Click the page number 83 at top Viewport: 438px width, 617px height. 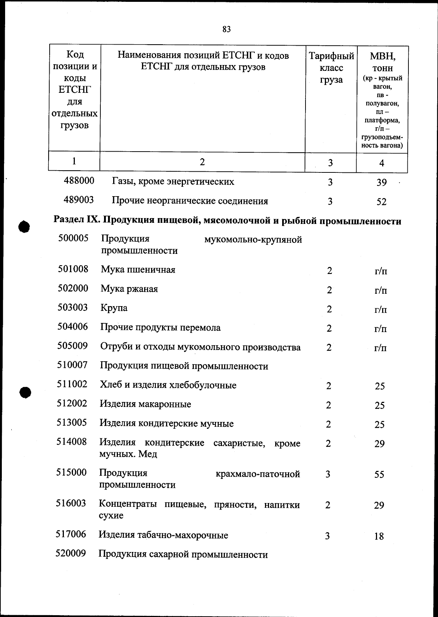click(x=226, y=29)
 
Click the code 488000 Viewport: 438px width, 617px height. click(x=79, y=180)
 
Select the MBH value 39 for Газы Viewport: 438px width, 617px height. click(x=381, y=182)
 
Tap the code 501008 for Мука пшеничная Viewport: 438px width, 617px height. click(x=73, y=269)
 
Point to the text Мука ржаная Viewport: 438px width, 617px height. click(x=129, y=289)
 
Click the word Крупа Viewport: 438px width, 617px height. click(x=114, y=308)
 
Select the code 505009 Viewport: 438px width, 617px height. click(x=72, y=346)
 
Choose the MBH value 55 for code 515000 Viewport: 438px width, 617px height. click(x=379, y=475)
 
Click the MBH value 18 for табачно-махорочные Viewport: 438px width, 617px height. click(x=379, y=536)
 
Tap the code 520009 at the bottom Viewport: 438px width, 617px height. click(x=71, y=553)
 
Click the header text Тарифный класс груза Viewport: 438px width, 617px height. click(x=331, y=68)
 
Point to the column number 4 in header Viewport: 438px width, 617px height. click(x=382, y=163)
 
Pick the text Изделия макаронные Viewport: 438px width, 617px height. click(x=145, y=404)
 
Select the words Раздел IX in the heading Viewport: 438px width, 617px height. click(x=77, y=221)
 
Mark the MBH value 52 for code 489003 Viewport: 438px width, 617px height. click(x=381, y=202)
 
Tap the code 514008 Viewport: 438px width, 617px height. click(x=72, y=442)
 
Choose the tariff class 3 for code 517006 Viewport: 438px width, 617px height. click(x=327, y=536)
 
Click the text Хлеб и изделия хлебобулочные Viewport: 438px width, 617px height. click(x=168, y=385)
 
